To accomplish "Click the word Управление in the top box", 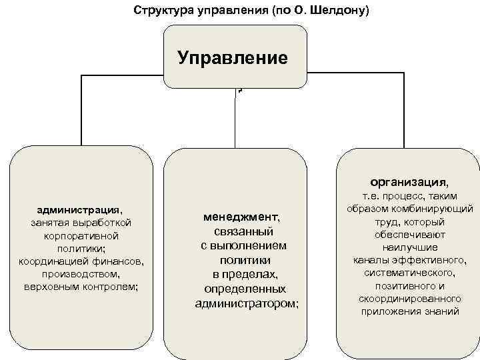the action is (x=233, y=57).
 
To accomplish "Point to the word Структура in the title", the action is (x=160, y=11).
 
